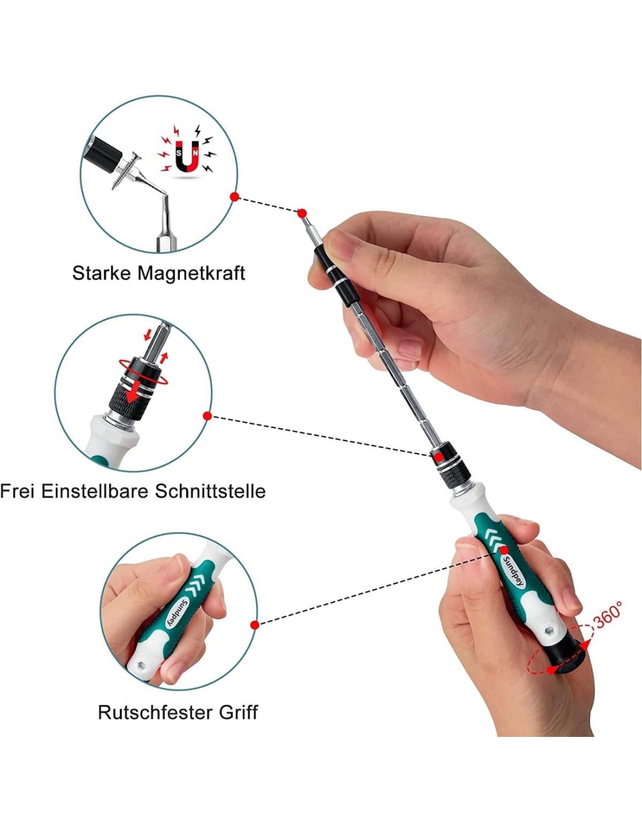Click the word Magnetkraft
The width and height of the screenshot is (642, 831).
(x=191, y=273)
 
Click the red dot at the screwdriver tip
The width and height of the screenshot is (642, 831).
(x=302, y=213)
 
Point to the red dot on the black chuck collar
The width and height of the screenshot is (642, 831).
(x=439, y=456)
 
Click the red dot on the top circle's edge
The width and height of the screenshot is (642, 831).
(x=235, y=197)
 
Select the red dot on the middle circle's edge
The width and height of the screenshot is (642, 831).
(x=207, y=415)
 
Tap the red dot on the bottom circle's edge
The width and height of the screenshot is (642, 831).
(x=254, y=625)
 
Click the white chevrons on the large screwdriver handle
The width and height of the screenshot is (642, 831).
(x=493, y=539)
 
